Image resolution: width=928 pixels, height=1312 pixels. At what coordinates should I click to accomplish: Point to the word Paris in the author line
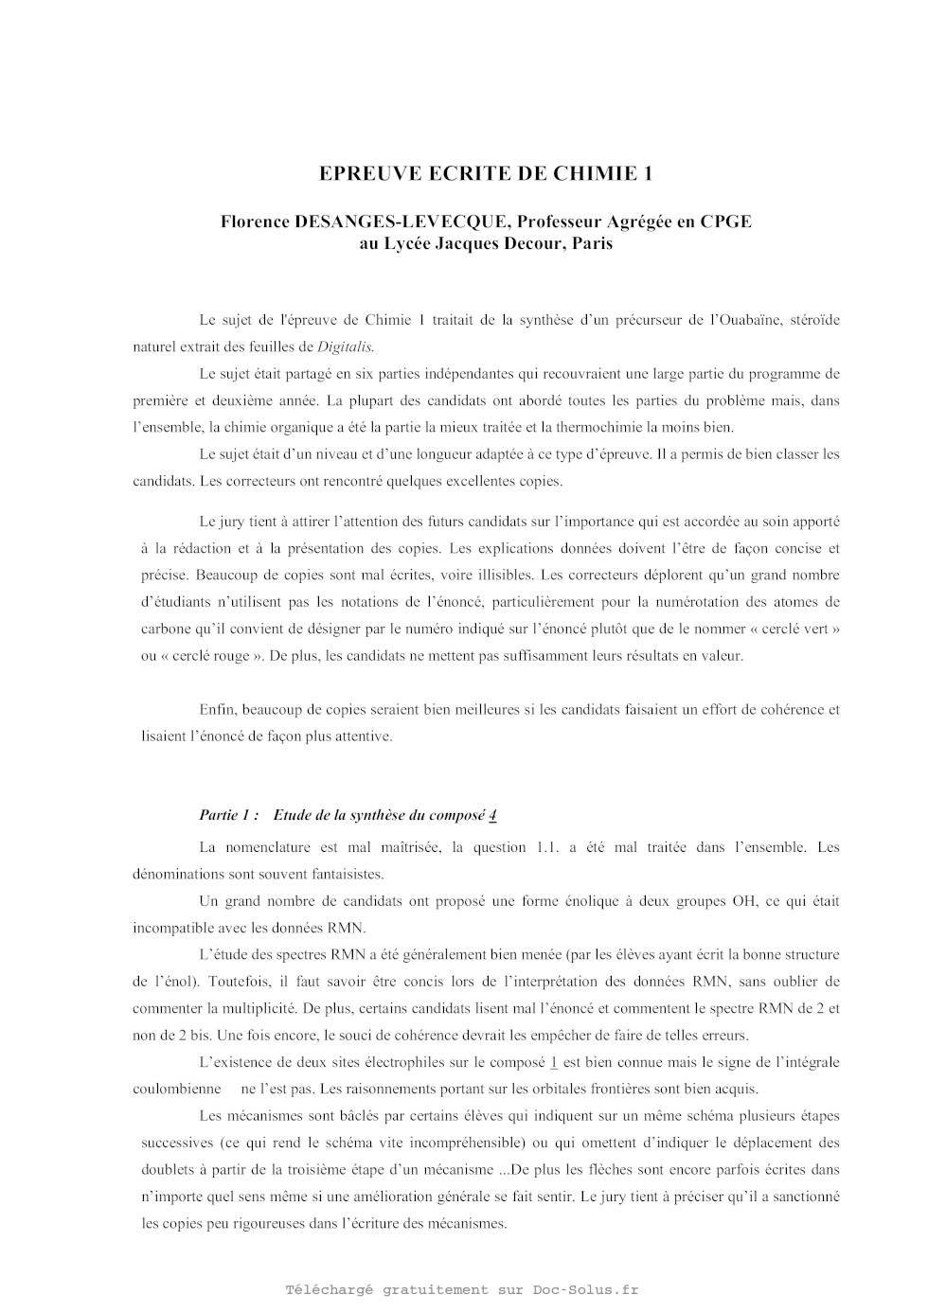592,243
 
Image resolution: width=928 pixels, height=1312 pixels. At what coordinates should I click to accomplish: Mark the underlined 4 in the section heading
493,815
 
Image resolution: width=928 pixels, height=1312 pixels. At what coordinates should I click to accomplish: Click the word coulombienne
177,1089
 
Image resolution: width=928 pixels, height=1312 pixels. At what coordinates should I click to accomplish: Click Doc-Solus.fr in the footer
585,1289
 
